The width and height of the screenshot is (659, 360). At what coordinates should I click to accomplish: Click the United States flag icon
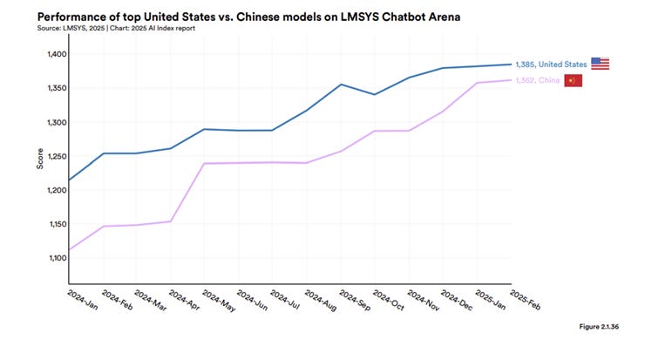coord(600,64)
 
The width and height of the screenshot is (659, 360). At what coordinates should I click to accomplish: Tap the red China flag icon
coord(573,80)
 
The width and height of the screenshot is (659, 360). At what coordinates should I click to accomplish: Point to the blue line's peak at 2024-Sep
coord(341,85)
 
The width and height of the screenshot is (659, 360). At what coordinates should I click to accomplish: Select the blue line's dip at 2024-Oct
coord(375,94)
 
